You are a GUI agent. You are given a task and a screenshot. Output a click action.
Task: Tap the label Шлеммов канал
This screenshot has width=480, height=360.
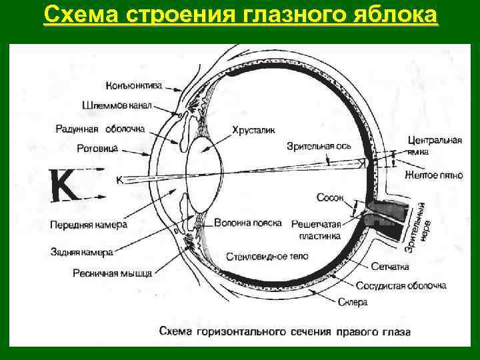[117, 105]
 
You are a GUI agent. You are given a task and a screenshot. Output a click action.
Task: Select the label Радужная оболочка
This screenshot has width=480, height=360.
[100, 129]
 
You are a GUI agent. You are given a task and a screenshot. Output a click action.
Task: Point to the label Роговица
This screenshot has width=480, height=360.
[97, 148]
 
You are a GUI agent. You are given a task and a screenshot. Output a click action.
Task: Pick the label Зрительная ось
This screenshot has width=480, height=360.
[319, 146]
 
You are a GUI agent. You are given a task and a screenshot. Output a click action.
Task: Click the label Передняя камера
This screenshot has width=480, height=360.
[88, 225]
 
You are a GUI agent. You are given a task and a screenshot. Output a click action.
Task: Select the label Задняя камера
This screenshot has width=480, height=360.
[81, 252]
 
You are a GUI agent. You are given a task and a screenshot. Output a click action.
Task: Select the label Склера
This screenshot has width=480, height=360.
[357, 302]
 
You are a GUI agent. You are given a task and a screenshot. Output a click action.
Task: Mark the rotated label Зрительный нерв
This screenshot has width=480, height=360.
[419, 227]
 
